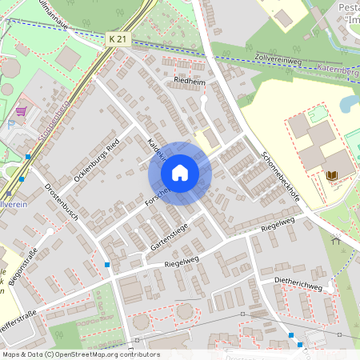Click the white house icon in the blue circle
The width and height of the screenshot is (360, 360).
tap(180, 173)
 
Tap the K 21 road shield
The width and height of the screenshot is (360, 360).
tap(117, 38)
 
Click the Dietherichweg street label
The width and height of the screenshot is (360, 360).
tap(298, 286)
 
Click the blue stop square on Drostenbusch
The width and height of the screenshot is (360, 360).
tap(107, 264)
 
